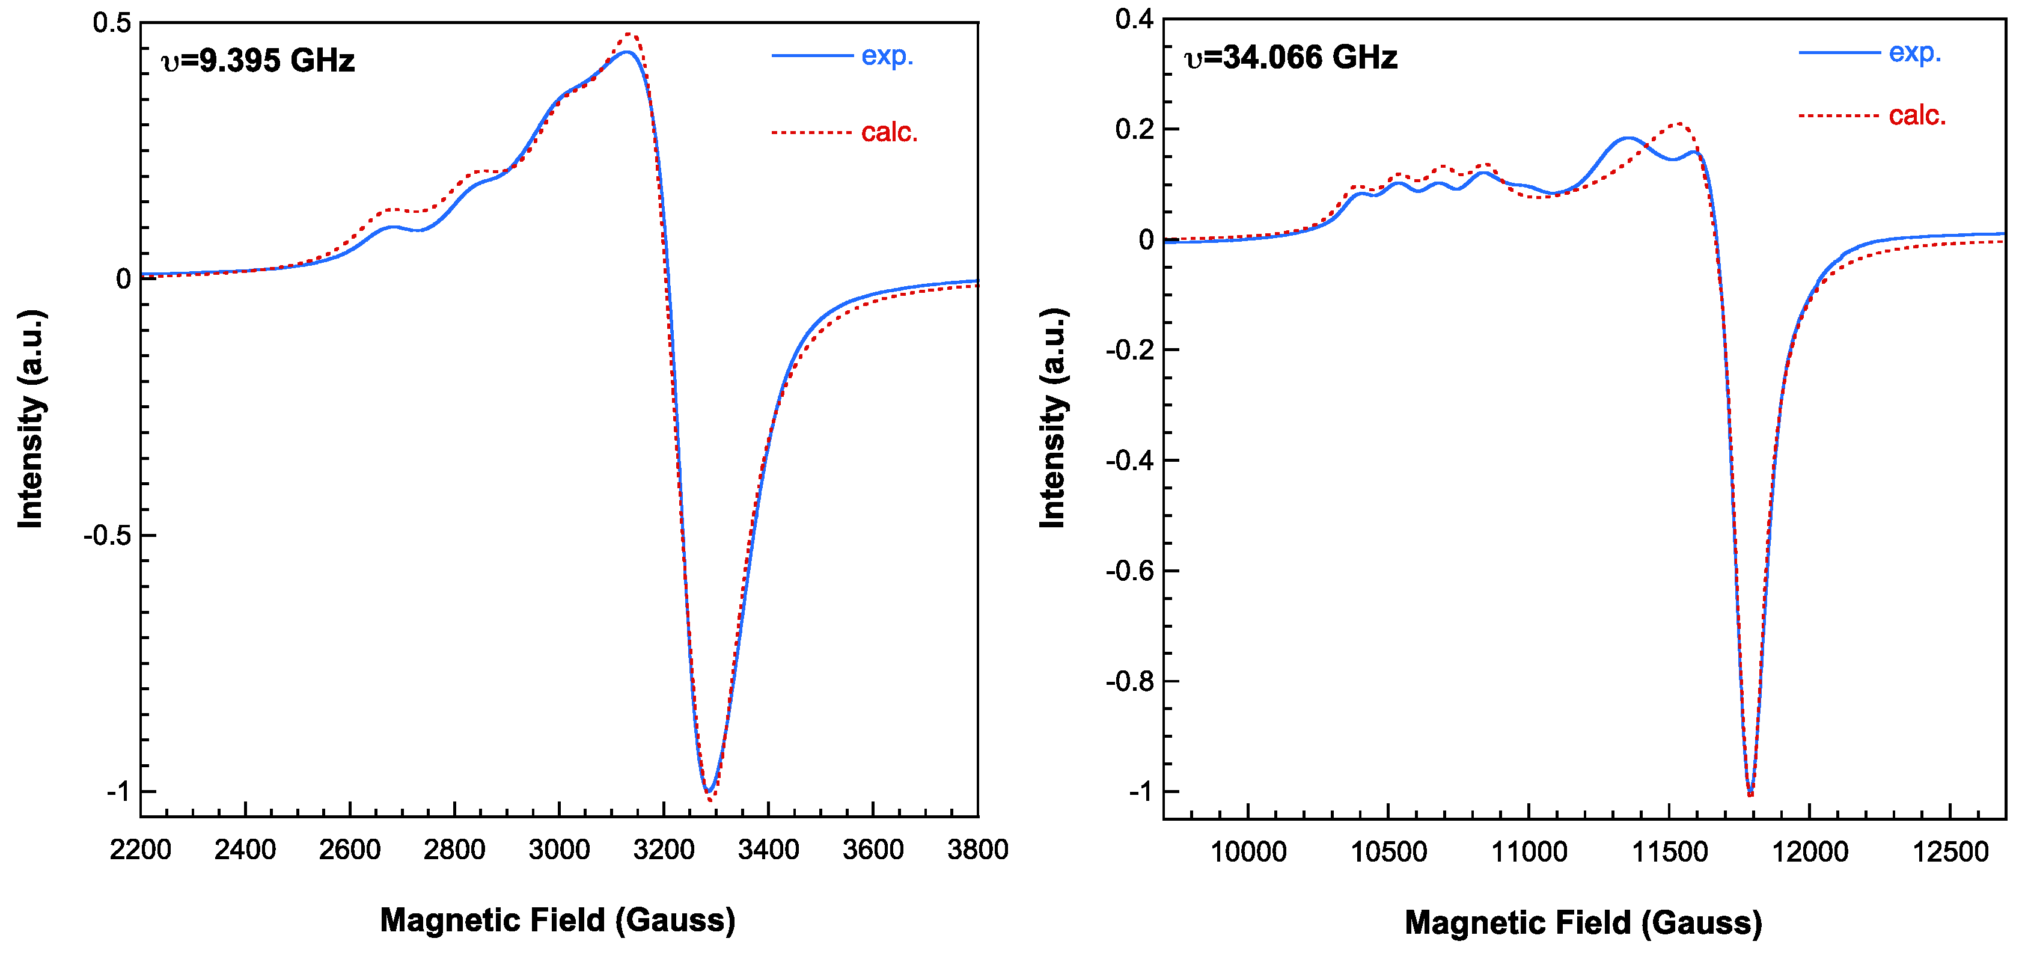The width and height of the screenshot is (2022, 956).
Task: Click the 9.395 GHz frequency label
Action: (258, 61)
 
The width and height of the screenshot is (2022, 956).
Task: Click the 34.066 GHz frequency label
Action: (1291, 57)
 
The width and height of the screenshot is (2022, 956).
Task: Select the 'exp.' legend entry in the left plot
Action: (887, 56)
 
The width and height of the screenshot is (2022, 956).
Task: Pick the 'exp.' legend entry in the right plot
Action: (1914, 52)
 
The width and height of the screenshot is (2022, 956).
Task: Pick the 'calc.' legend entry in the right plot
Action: (1917, 115)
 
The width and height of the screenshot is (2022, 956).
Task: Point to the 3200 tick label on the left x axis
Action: (664, 849)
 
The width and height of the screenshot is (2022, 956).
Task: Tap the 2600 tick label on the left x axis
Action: (349, 849)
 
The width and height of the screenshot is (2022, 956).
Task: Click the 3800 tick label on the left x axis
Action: (977, 849)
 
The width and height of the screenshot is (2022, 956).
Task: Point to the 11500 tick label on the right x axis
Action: (1670, 851)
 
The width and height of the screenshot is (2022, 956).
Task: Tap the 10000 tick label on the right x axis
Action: (1248, 851)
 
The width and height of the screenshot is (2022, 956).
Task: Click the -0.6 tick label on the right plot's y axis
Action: (1130, 571)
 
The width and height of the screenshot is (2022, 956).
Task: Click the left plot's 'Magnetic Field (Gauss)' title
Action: (557, 920)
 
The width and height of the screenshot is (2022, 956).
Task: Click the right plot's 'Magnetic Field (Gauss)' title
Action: (1583, 922)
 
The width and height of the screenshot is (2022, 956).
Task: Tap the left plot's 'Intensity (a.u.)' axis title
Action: (31, 418)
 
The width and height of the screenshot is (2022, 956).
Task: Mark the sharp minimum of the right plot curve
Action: (1750, 794)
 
